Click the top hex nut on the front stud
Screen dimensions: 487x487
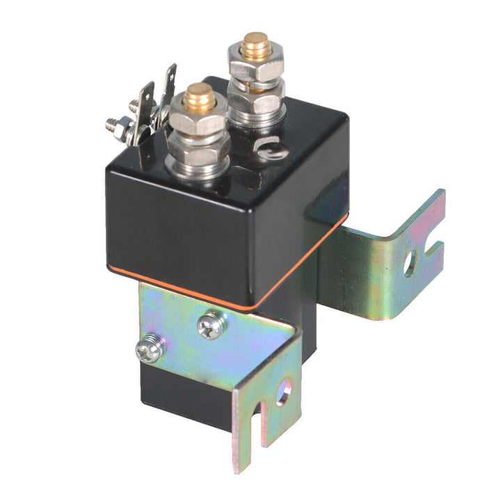click(199, 122)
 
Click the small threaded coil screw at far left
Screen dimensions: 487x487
click(113, 125)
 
